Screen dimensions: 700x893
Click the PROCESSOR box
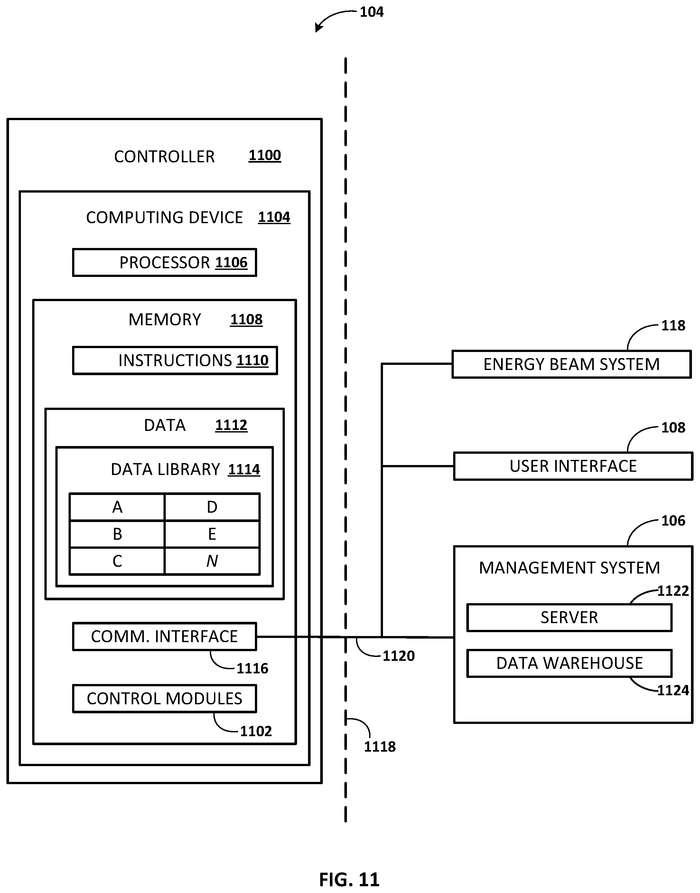point(164,262)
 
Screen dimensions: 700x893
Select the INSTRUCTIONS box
point(175,360)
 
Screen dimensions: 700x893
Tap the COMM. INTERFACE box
point(164,636)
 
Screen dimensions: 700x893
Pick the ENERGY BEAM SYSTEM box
point(572,364)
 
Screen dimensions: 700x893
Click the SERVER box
point(569,617)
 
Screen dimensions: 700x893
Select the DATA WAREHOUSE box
point(569,663)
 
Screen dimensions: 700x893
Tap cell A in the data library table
point(117,507)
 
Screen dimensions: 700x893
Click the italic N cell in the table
point(212,561)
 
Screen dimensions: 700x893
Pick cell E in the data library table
point(212,534)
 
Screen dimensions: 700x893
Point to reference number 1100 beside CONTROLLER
point(265,156)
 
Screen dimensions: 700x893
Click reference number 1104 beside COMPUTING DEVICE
point(274,217)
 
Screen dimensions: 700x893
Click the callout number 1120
point(399,656)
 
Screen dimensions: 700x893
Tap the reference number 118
point(673,326)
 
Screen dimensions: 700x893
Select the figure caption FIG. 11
point(350,880)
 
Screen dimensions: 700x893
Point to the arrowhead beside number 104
point(318,28)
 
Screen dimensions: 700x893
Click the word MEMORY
point(165,320)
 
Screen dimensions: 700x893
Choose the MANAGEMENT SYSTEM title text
point(570,568)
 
